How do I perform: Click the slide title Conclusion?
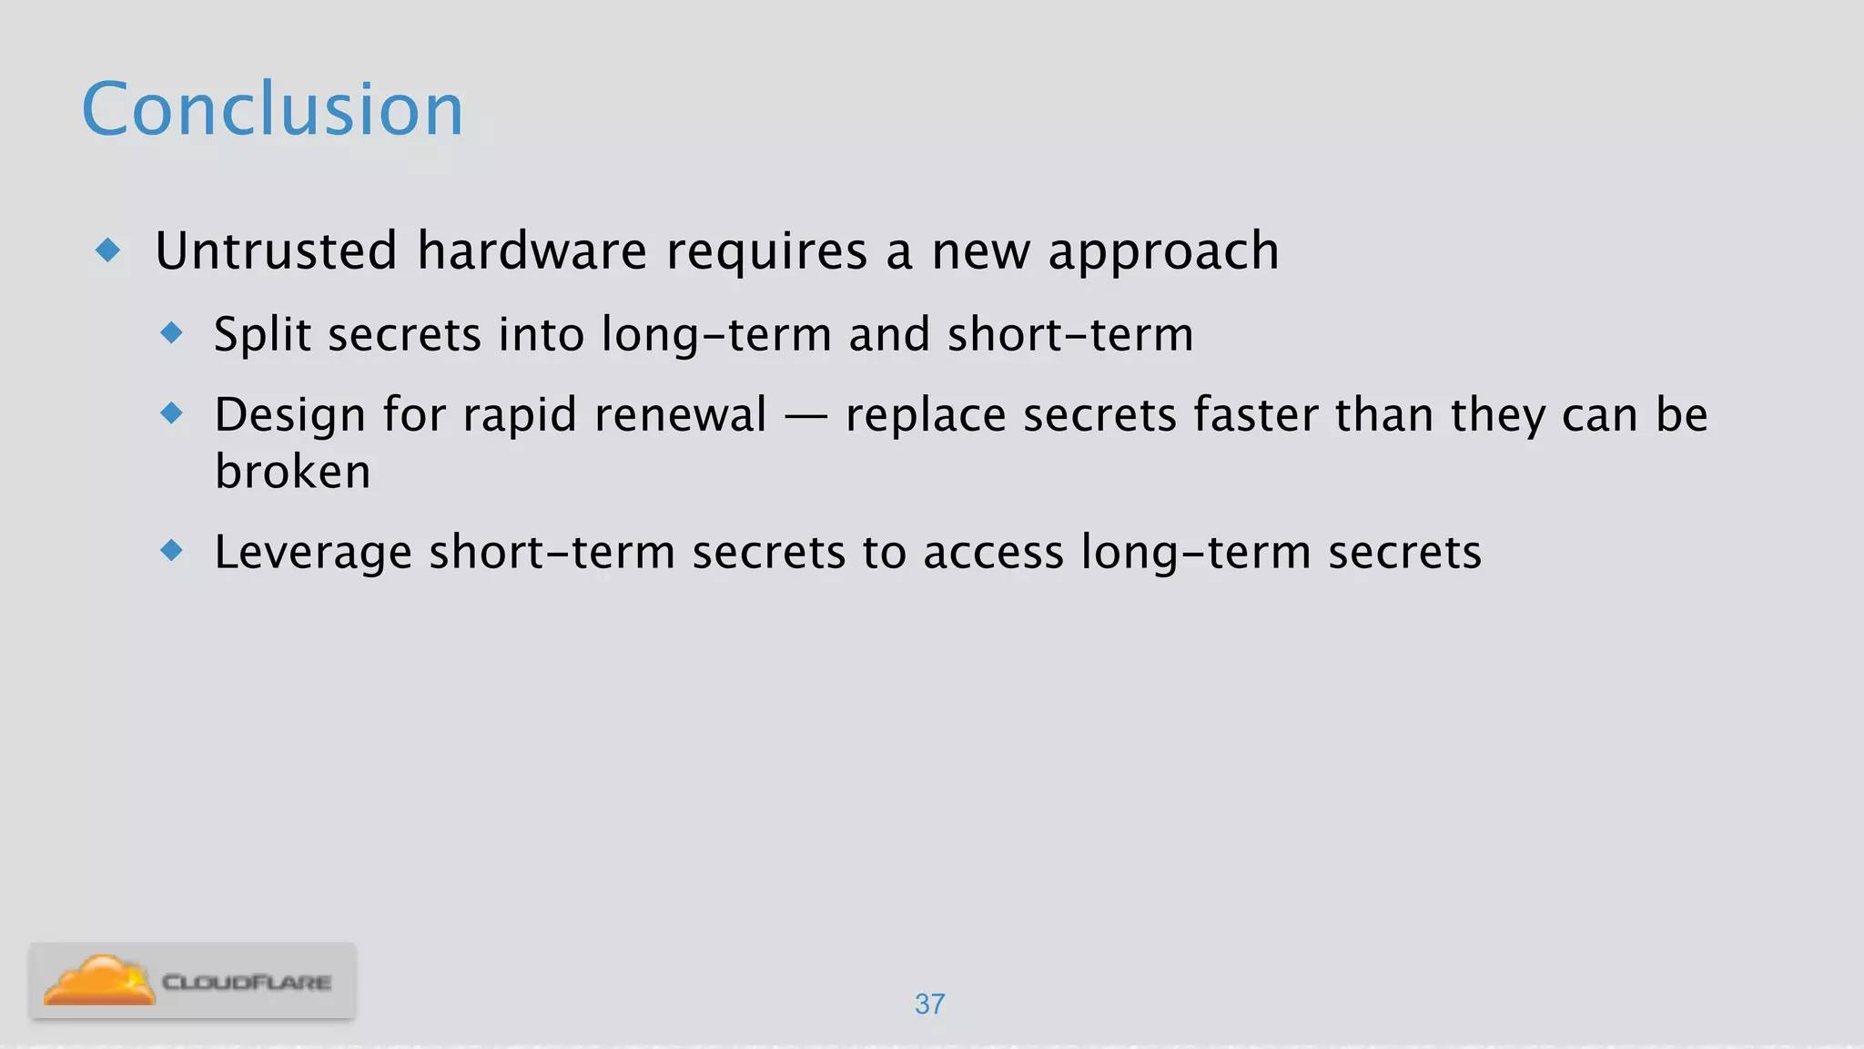point(272,109)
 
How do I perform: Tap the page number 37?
point(929,1003)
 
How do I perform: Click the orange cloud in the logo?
point(98,981)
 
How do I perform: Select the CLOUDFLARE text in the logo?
point(246,983)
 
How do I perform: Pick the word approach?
point(1163,252)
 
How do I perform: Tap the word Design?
point(289,415)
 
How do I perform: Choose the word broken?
point(292,472)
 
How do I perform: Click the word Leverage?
point(313,553)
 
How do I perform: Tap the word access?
point(993,553)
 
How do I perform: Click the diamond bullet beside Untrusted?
point(108,250)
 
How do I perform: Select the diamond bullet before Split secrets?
point(171,332)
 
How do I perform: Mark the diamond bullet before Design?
point(171,414)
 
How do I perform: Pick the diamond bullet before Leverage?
point(171,550)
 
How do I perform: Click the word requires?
point(766,252)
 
